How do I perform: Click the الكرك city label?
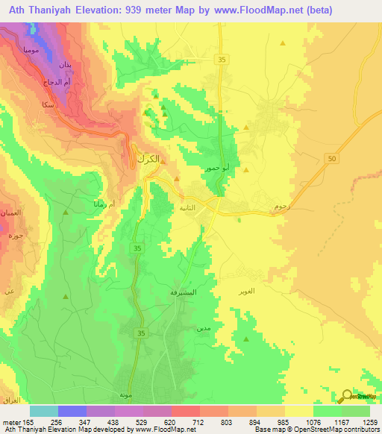point(148,159)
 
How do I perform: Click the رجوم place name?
point(282,204)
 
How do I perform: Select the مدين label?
point(202,327)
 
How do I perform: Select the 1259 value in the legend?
point(369,421)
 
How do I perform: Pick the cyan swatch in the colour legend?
point(44,411)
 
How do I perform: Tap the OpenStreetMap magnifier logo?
point(348,397)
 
